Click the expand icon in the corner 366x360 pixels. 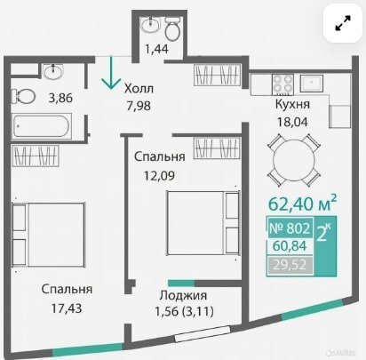pos(343,23)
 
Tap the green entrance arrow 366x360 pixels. pos(111,73)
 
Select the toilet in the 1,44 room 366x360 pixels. pos(172,28)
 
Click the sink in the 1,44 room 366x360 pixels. pos(151,24)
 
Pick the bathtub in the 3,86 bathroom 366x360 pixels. pos(42,126)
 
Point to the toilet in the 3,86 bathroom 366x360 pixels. pos(23,96)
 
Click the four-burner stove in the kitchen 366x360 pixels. pos(282,84)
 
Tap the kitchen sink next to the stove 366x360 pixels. pos(312,84)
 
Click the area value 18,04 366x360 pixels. pos(292,122)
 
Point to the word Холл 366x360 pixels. pos(139,88)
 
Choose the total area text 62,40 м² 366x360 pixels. pos(302,203)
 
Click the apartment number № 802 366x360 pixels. pos(290,228)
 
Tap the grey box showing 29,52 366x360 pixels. pos(290,265)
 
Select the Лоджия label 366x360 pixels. pos(183,295)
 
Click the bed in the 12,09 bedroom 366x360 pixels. pos(203,223)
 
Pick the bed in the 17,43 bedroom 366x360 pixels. pos(48,235)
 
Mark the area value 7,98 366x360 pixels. pos(139,106)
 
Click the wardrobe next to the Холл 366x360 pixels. pos(217,76)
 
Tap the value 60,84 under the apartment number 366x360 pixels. pos(290,245)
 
